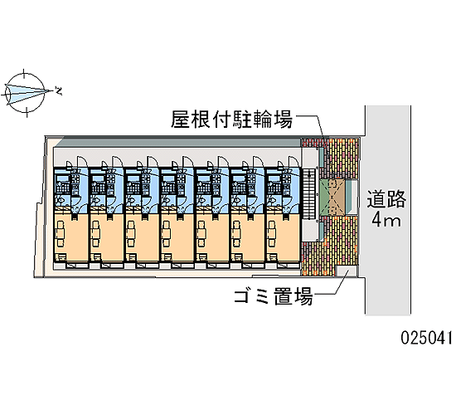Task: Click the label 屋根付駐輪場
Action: pyautogui.click(x=231, y=120)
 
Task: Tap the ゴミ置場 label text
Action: pyautogui.click(x=274, y=295)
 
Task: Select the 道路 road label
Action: pyautogui.click(x=386, y=199)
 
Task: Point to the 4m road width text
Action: pyautogui.click(x=386, y=220)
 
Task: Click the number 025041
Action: pyautogui.click(x=426, y=338)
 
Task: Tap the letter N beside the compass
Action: pyautogui.click(x=59, y=90)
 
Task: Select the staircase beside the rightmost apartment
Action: pyautogui.click(x=309, y=193)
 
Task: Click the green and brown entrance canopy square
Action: pyautogui.click(x=332, y=198)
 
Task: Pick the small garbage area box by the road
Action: pyautogui.click(x=347, y=271)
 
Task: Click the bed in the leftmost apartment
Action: pyautogui.click(x=61, y=233)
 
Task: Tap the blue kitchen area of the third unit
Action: pyautogui.click(x=142, y=191)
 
